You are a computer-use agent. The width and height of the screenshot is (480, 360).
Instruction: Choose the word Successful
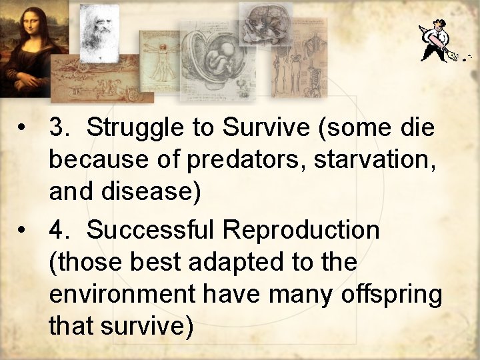pyautogui.click(x=153, y=231)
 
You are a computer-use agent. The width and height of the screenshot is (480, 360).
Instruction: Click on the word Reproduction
pyautogui.click(x=301, y=231)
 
